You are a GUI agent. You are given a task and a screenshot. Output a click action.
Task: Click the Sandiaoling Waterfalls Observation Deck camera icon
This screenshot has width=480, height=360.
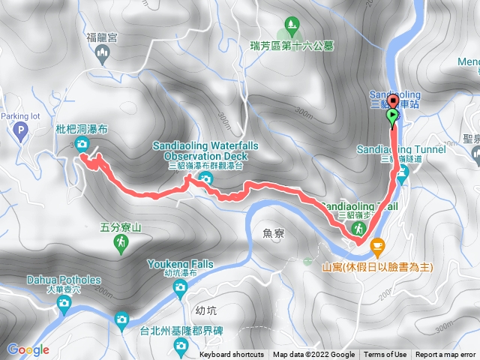pos(205,178)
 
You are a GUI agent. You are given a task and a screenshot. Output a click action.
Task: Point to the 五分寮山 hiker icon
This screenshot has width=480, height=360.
pos(121,242)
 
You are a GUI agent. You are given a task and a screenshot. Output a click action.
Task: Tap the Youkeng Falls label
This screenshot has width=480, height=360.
pos(180,264)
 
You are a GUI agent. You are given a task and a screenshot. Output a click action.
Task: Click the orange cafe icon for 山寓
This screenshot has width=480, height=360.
pos(377,244)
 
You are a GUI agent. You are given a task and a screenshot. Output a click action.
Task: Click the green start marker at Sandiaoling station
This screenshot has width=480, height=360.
pos(393,117)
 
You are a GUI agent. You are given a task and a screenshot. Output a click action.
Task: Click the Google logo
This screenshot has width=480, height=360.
pos(28,349)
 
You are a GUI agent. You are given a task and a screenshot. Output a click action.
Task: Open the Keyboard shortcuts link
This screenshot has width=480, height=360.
pos(232,355)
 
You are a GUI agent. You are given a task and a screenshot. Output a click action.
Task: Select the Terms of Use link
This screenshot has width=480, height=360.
pos(385,355)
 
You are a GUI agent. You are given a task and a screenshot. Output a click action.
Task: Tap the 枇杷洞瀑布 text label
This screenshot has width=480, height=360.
pos(82,129)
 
